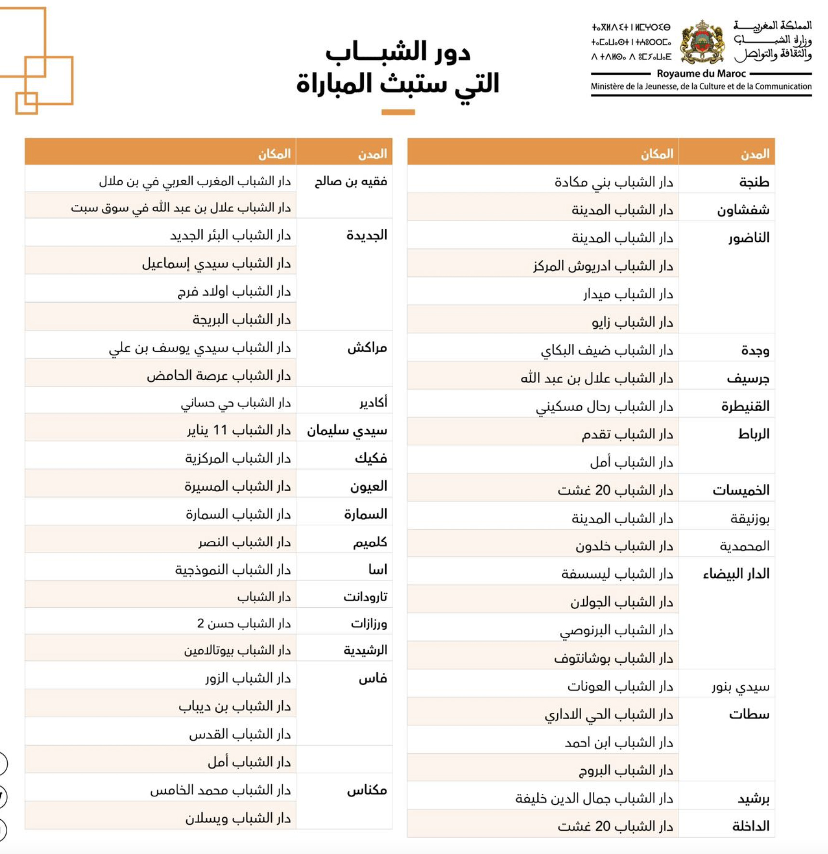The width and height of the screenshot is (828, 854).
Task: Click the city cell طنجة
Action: pos(754,182)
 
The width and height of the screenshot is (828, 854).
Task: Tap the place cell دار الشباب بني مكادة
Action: pos(614,182)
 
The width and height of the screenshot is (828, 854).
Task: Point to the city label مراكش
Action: pos(367,347)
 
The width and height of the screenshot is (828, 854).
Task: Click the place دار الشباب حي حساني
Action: pos(236,403)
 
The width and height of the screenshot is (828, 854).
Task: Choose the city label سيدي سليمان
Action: pos(347,430)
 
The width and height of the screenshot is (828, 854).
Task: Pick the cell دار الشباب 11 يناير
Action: pos(239,430)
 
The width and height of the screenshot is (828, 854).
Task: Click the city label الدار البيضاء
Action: pos(736,574)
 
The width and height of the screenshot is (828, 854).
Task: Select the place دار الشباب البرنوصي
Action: pos(616,630)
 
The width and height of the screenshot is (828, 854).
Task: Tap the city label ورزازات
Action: pos(369,624)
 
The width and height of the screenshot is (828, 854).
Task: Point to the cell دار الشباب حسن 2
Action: pos(244,624)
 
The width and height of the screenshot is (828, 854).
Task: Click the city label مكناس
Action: pos(367,790)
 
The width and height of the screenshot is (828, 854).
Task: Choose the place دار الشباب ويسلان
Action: pos(238,818)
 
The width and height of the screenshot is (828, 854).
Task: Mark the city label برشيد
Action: pos(753,799)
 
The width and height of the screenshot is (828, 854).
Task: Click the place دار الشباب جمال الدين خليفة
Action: pos(594,799)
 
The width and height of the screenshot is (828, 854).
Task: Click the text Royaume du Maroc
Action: pos(701,74)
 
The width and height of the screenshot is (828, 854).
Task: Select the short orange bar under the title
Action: pos(398,112)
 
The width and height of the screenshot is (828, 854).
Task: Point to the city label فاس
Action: pos(373,679)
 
